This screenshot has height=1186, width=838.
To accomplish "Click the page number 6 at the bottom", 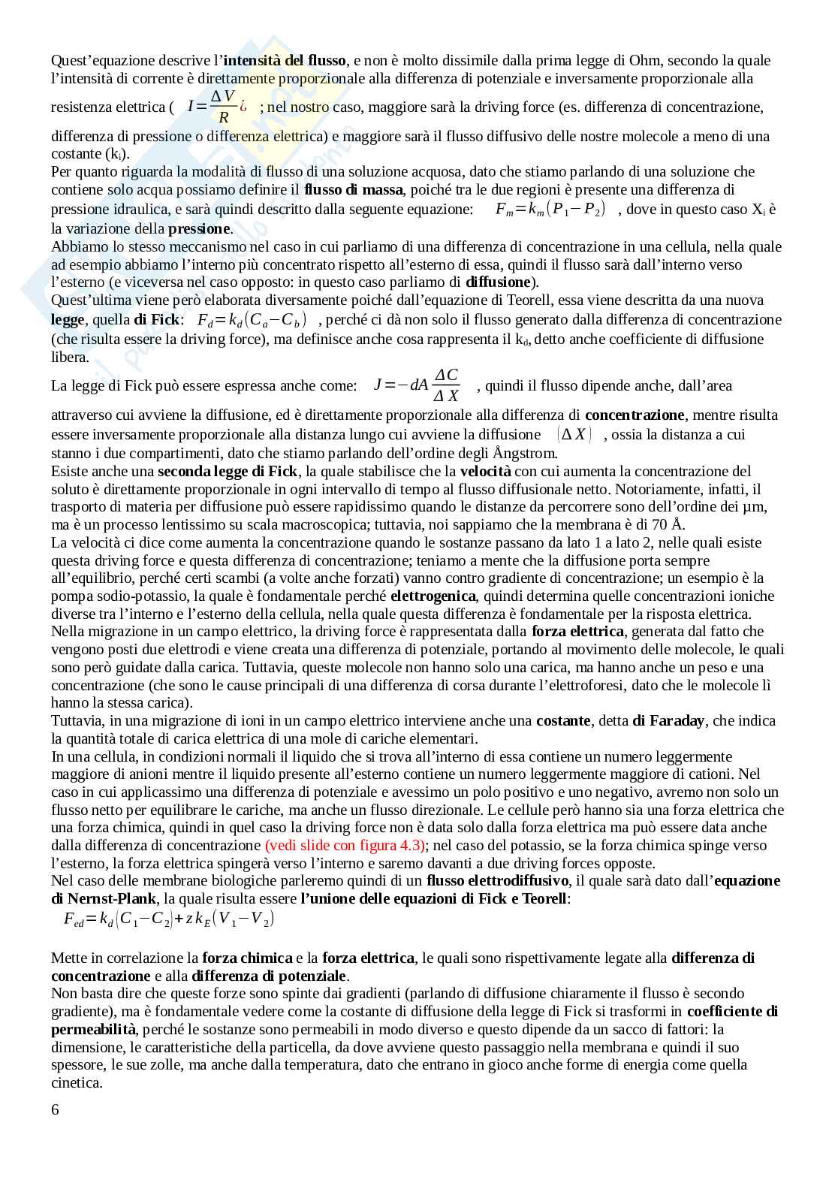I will (55, 1109).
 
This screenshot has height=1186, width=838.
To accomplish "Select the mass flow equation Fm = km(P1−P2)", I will (550, 210).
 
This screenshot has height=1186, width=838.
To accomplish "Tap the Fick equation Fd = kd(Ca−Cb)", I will (252, 320).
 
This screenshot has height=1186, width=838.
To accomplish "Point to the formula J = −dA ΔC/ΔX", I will (417, 385).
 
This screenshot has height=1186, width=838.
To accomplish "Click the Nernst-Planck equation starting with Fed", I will (170, 919).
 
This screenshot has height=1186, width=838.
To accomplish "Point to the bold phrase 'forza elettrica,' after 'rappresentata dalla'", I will (574, 632).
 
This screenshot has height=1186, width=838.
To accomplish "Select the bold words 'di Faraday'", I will (668, 721).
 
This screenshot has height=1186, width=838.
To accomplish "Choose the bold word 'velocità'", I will (485, 471).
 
